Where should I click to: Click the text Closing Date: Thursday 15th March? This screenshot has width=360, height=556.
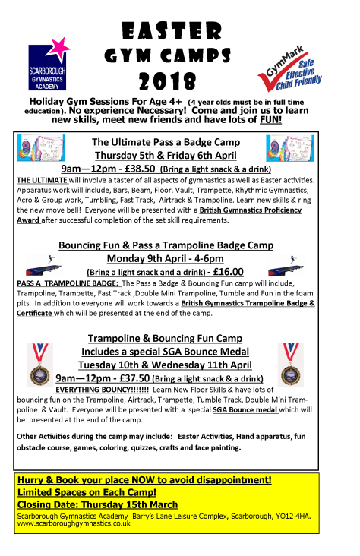click(96, 504)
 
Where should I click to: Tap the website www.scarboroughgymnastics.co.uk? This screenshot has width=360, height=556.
click(77, 523)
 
